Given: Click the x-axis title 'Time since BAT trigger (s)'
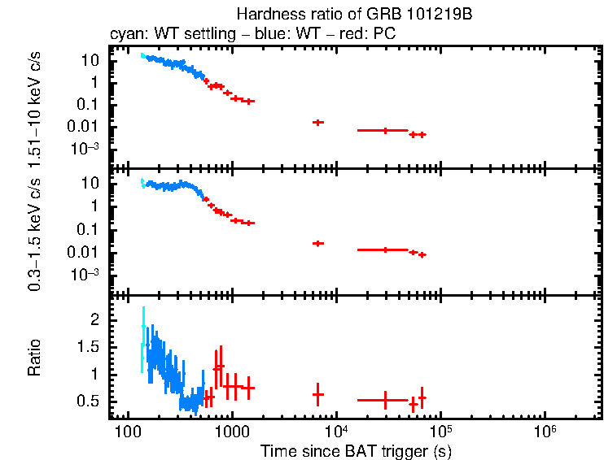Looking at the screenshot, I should (356, 450).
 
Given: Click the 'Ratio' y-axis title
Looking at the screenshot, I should (35, 358).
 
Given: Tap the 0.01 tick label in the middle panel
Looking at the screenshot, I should (85, 252).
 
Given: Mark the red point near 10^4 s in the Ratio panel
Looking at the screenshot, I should (317, 394).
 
